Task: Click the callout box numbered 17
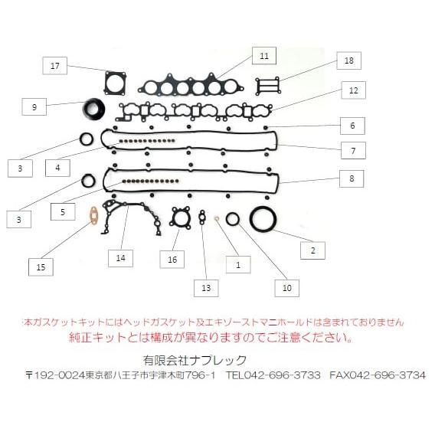pyautogui.click(x=54, y=66)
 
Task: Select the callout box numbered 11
pyautogui.click(x=263, y=56)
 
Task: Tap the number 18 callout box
pyautogui.click(x=348, y=61)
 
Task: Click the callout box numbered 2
pyautogui.click(x=312, y=249)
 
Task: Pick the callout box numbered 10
pyautogui.click(x=287, y=288)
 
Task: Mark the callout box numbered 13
pyautogui.click(x=205, y=288)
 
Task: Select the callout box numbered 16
pyautogui.click(x=172, y=260)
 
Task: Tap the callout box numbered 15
pyautogui.click(x=41, y=267)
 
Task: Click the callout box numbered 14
pyautogui.click(x=120, y=258)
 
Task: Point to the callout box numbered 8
pyautogui.click(x=352, y=178)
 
